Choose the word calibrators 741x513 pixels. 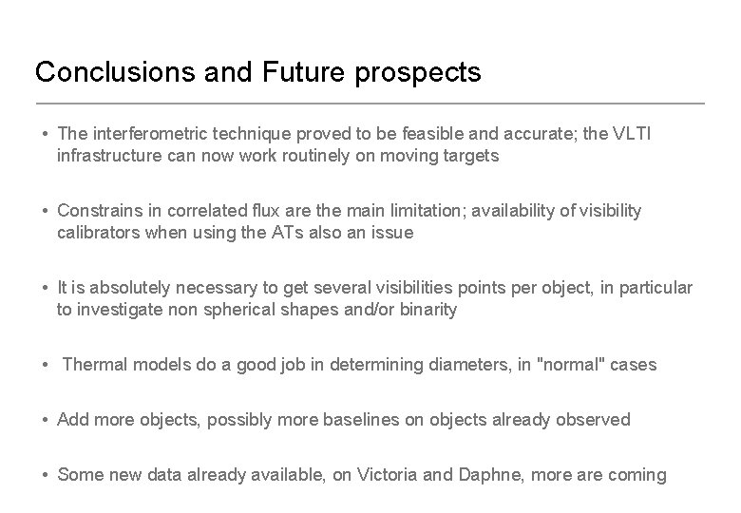click(x=98, y=232)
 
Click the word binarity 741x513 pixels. click(x=425, y=309)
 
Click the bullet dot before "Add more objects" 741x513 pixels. click(x=46, y=420)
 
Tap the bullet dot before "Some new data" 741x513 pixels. click(x=46, y=475)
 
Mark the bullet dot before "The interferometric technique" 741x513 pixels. click(x=46, y=135)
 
